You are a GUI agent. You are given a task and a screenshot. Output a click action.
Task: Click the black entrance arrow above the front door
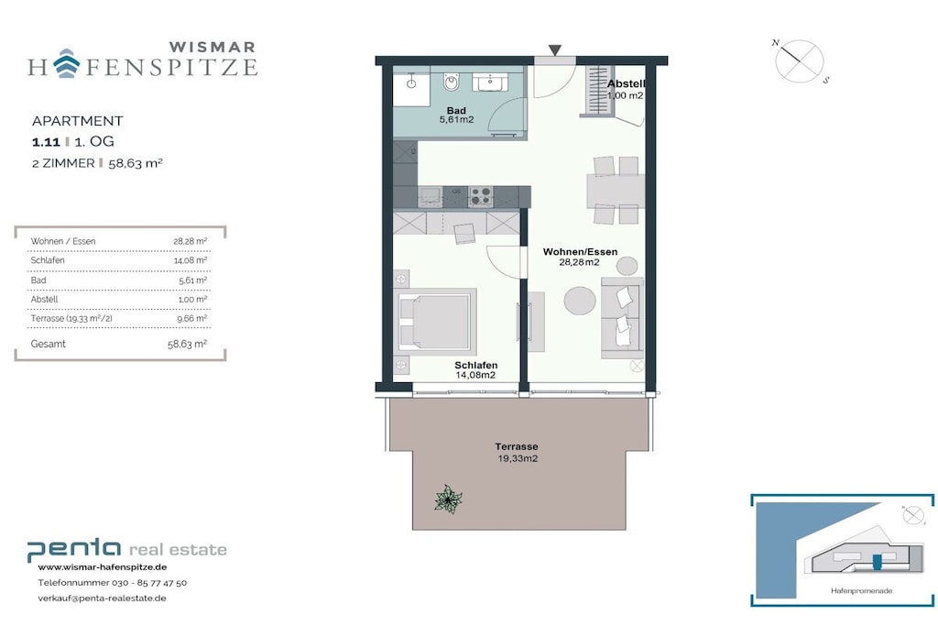coord(555,50)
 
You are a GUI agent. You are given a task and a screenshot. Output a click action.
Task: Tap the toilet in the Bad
coord(452,82)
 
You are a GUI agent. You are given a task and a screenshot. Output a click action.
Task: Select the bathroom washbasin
coord(491,82)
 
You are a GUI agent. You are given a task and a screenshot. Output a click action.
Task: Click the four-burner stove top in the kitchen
coord(481,196)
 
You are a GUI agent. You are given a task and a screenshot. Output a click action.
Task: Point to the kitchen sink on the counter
coord(431,196)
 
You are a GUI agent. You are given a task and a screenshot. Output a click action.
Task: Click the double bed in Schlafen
coord(435,322)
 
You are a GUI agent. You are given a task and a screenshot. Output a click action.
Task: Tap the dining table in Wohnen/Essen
coord(615,190)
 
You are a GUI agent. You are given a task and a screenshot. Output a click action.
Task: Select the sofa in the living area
coord(622,318)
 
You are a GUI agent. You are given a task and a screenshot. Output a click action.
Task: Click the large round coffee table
coord(580,301)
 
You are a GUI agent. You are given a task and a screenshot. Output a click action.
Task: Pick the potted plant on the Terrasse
coord(448,500)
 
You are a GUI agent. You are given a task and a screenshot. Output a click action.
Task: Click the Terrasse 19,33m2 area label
coord(517,453)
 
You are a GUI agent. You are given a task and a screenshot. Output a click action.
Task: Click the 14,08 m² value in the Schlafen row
coord(191,260)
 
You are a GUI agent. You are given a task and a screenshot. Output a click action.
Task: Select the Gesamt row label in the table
coord(49,344)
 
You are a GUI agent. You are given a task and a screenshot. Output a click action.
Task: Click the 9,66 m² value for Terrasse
coord(192,318)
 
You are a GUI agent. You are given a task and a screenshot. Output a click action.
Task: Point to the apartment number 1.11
coord(46,142)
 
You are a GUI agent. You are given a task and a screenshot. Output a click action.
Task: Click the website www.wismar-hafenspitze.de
coord(103,567)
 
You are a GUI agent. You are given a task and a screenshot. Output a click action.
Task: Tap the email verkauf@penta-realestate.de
coord(102,598)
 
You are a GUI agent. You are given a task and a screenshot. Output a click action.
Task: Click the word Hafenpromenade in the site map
coord(861,590)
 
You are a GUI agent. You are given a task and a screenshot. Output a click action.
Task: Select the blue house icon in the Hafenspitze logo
coord(66,63)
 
